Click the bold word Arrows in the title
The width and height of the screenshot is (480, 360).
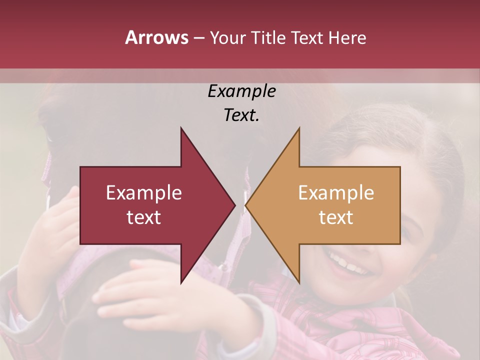click(x=157, y=37)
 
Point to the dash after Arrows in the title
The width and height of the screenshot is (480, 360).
click(x=198, y=38)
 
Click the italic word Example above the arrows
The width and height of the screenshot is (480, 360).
click(x=241, y=91)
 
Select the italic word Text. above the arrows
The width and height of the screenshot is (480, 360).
click(x=241, y=115)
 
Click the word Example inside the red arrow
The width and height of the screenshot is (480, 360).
click(x=144, y=193)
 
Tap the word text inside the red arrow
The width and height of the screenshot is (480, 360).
click(x=144, y=217)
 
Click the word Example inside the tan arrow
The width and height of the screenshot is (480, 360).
click(x=336, y=193)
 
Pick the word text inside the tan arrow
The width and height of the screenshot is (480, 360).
click(x=336, y=217)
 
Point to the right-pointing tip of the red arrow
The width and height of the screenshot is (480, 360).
click(x=235, y=205)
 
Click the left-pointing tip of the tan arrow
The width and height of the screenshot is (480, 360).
click(x=245, y=205)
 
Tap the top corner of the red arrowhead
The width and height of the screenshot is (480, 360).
click(x=181, y=128)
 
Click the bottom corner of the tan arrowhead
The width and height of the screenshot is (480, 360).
click(x=299, y=283)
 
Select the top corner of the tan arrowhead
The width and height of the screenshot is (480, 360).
click(x=299, y=128)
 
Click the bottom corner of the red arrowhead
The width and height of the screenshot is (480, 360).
click(x=181, y=283)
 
